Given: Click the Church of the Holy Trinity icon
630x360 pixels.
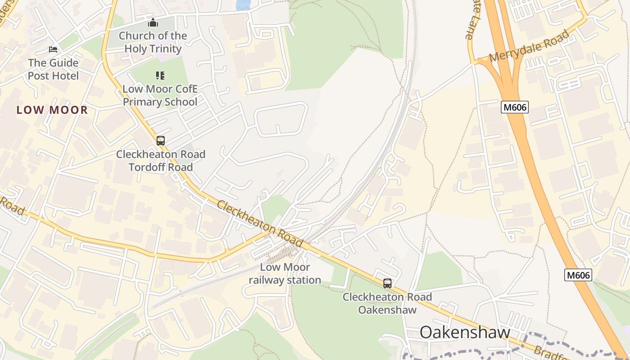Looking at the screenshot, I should click(x=153, y=22).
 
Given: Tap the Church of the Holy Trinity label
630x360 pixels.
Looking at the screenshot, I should click(x=153, y=42).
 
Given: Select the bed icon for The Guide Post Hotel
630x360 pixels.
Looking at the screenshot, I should click(x=53, y=49).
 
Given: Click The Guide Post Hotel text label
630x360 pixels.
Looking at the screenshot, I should click(x=53, y=69).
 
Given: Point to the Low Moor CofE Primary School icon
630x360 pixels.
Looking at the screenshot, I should click(x=160, y=76).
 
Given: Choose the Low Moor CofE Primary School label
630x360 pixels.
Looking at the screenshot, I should click(x=160, y=95).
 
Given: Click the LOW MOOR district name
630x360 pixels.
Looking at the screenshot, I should click(x=52, y=110).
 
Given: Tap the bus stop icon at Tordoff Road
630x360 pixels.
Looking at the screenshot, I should click(x=161, y=141).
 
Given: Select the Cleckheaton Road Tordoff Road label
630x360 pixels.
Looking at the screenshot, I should click(x=161, y=161).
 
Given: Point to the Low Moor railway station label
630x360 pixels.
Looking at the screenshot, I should click(x=285, y=274).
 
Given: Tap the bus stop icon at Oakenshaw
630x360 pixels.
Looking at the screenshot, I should click(x=387, y=283).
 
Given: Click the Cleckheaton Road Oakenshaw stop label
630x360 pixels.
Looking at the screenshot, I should click(x=387, y=303).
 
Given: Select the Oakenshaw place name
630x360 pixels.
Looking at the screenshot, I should click(x=465, y=333).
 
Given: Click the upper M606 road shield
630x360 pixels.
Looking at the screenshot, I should click(x=514, y=107).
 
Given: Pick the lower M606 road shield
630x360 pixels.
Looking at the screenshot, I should click(x=578, y=275).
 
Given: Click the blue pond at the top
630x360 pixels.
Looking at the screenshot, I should click(x=243, y=4).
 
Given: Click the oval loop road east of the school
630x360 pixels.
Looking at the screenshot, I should click(x=281, y=119).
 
